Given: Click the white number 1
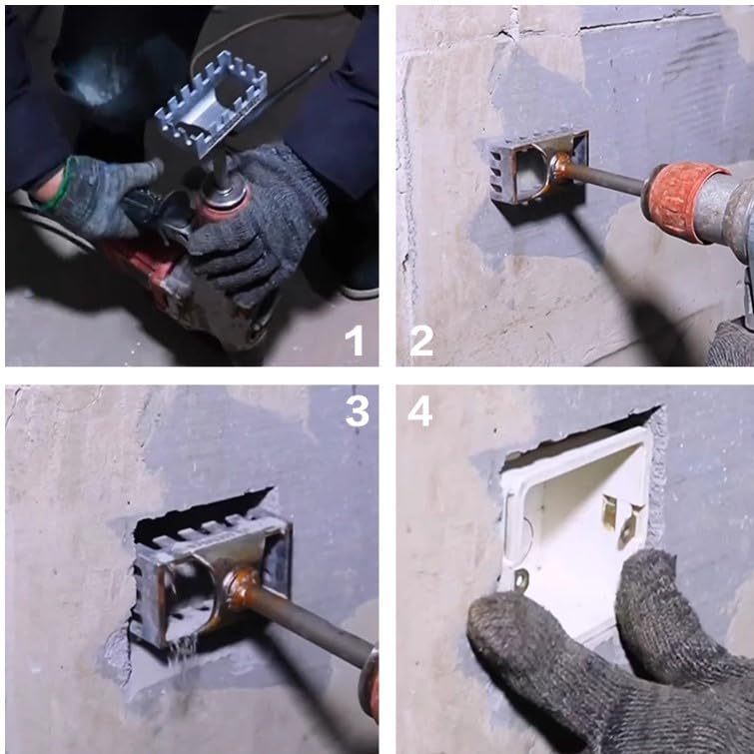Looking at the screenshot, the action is pos(355,341).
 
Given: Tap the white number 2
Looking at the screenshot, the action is pos(421,341).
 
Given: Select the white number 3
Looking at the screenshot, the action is pos(358,411).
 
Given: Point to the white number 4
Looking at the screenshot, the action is pos(419,411).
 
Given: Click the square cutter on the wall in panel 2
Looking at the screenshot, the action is pos(538,168).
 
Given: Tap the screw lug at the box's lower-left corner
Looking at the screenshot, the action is pos(520,579).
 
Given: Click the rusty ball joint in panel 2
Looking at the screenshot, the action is pos(559,166).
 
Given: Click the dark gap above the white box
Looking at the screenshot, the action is pos(577,435).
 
